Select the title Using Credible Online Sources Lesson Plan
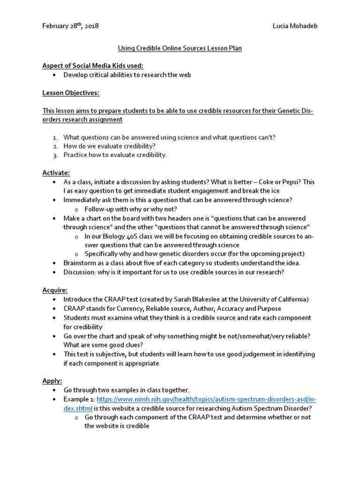tap(180, 48)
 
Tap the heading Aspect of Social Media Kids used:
tap(93, 65)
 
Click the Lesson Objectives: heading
tap(71, 93)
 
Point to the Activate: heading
tap(56, 173)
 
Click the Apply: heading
tap(52, 380)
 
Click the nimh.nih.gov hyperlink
tap(206, 399)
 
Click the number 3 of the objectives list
tap(55, 155)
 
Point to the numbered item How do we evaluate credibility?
tap(110, 146)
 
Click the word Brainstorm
tap(81, 263)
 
